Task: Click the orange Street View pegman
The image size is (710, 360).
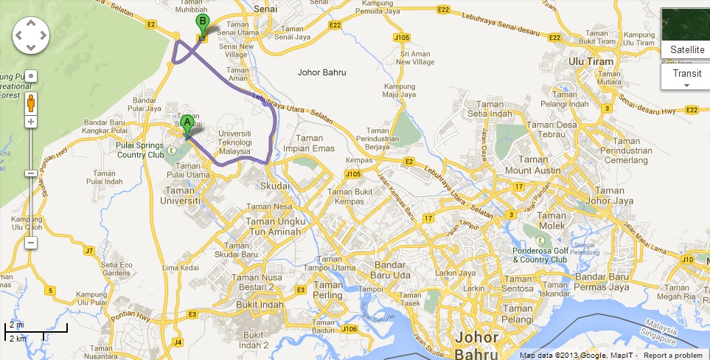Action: pos(31,100)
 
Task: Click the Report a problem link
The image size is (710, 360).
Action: pos(672,355)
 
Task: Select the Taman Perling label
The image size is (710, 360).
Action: pos(328,290)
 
